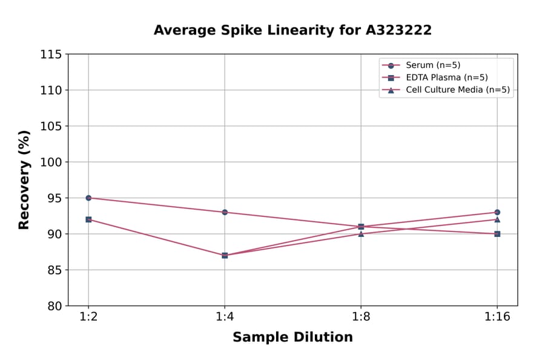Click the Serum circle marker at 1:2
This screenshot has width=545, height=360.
pyautogui.click(x=88, y=198)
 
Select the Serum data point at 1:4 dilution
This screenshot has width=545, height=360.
pyautogui.click(x=225, y=212)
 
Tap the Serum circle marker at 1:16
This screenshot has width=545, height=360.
pyautogui.click(x=497, y=212)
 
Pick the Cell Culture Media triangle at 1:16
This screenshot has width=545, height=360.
pyautogui.click(x=497, y=219)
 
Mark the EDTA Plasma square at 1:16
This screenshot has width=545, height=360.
pyautogui.click(x=497, y=234)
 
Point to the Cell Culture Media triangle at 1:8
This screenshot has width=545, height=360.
pyautogui.click(x=361, y=234)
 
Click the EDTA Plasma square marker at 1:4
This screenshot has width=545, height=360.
pyautogui.click(x=225, y=255)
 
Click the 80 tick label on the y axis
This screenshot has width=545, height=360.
pyautogui.click(x=54, y=306)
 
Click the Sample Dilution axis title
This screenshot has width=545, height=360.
pyautogui.click(x=292, y=338)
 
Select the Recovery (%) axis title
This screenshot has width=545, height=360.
pyautogui.click(x=24, y=180)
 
